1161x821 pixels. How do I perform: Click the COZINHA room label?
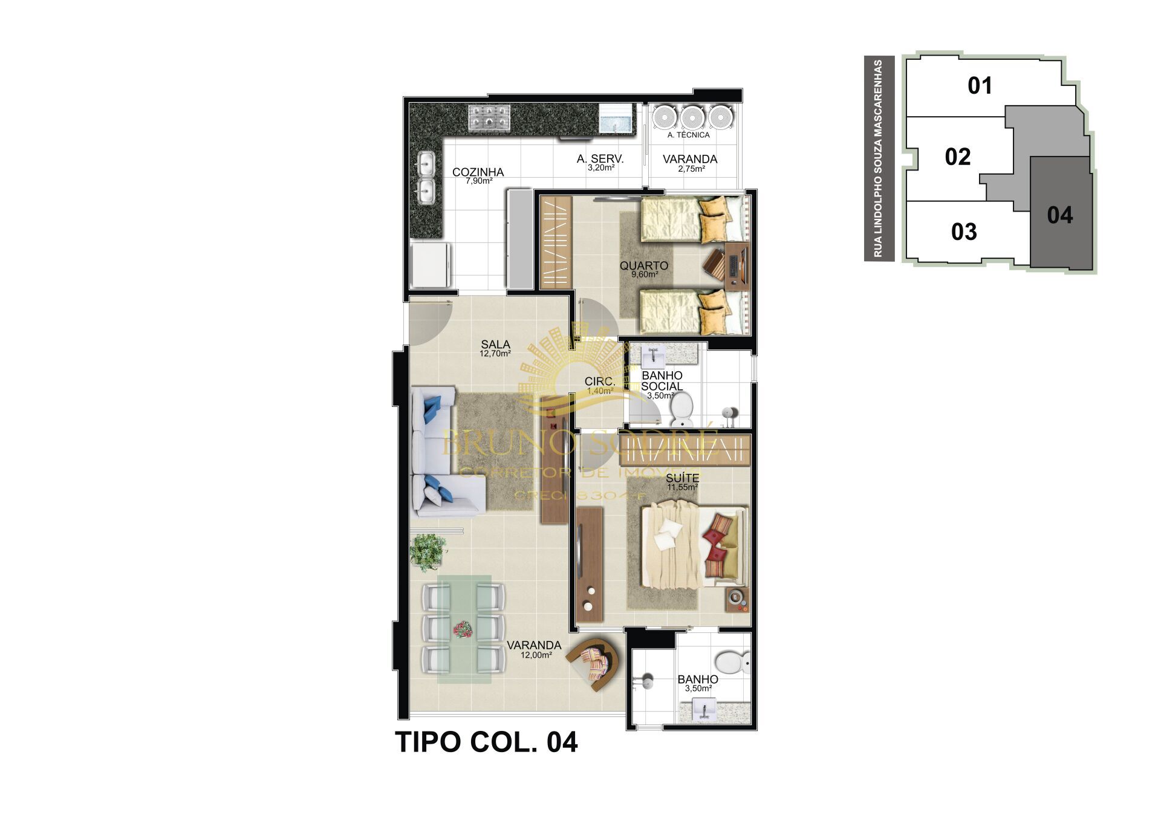click(x=478, y=172)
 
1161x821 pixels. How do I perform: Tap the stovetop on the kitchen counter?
click(x=489, y=117)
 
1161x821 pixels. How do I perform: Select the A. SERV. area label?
click(x=600, y=159)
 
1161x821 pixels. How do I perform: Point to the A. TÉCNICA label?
click(x=688, y=135)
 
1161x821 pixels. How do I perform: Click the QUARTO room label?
click(x=644, y=265)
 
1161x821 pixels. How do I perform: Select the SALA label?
click(x=495, y=345)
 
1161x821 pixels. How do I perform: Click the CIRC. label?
click(x=599, y=381)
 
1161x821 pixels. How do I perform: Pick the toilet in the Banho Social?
click(x=683, y=407)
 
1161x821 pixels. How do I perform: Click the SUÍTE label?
click(x=683, y=478)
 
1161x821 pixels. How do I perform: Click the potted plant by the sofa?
click(x=428, y=551)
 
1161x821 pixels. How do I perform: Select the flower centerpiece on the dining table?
click(x=464, y=630)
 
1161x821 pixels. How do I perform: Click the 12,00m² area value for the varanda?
click(x=536, y=655)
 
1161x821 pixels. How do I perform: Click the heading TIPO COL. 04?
click(x=486, y=742)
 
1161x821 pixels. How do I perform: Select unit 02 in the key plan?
click(x=957, y=157)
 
